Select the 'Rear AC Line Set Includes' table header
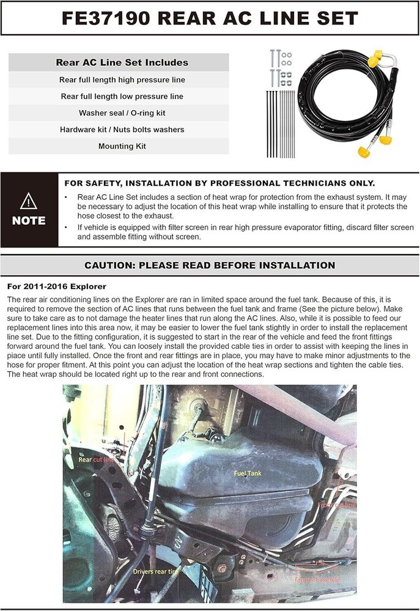tap(122, 62)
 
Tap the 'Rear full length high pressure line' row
tap(122, 79)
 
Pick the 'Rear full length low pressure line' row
tap(122, 97)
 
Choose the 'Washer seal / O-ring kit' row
tap(122, 113)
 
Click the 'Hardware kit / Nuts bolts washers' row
tap(122, 130)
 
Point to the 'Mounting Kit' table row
tap(122, 146)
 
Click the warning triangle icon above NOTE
tap(29, 201)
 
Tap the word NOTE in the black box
tap(29, 221)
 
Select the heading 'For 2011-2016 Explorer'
tap(56, 286)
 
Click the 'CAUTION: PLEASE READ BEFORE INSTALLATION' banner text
tap(210, 265)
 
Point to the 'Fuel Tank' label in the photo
tap(248, 473)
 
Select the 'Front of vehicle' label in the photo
tap(317, 579)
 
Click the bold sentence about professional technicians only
tap(219, 183)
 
